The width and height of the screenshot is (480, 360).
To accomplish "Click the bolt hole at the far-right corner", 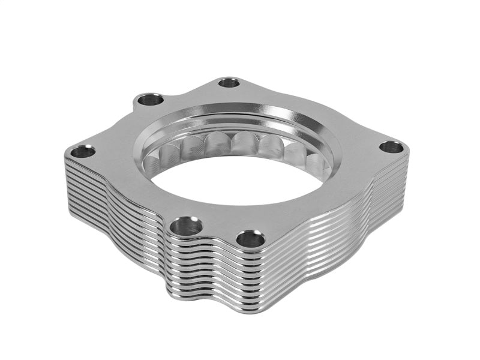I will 391,147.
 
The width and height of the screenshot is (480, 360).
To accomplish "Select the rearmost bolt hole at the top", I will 229,83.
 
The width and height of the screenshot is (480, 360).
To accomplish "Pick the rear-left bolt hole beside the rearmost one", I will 150,100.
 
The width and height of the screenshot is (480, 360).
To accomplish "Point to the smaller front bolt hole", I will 251,239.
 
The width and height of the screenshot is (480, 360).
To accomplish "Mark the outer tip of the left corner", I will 65,157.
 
